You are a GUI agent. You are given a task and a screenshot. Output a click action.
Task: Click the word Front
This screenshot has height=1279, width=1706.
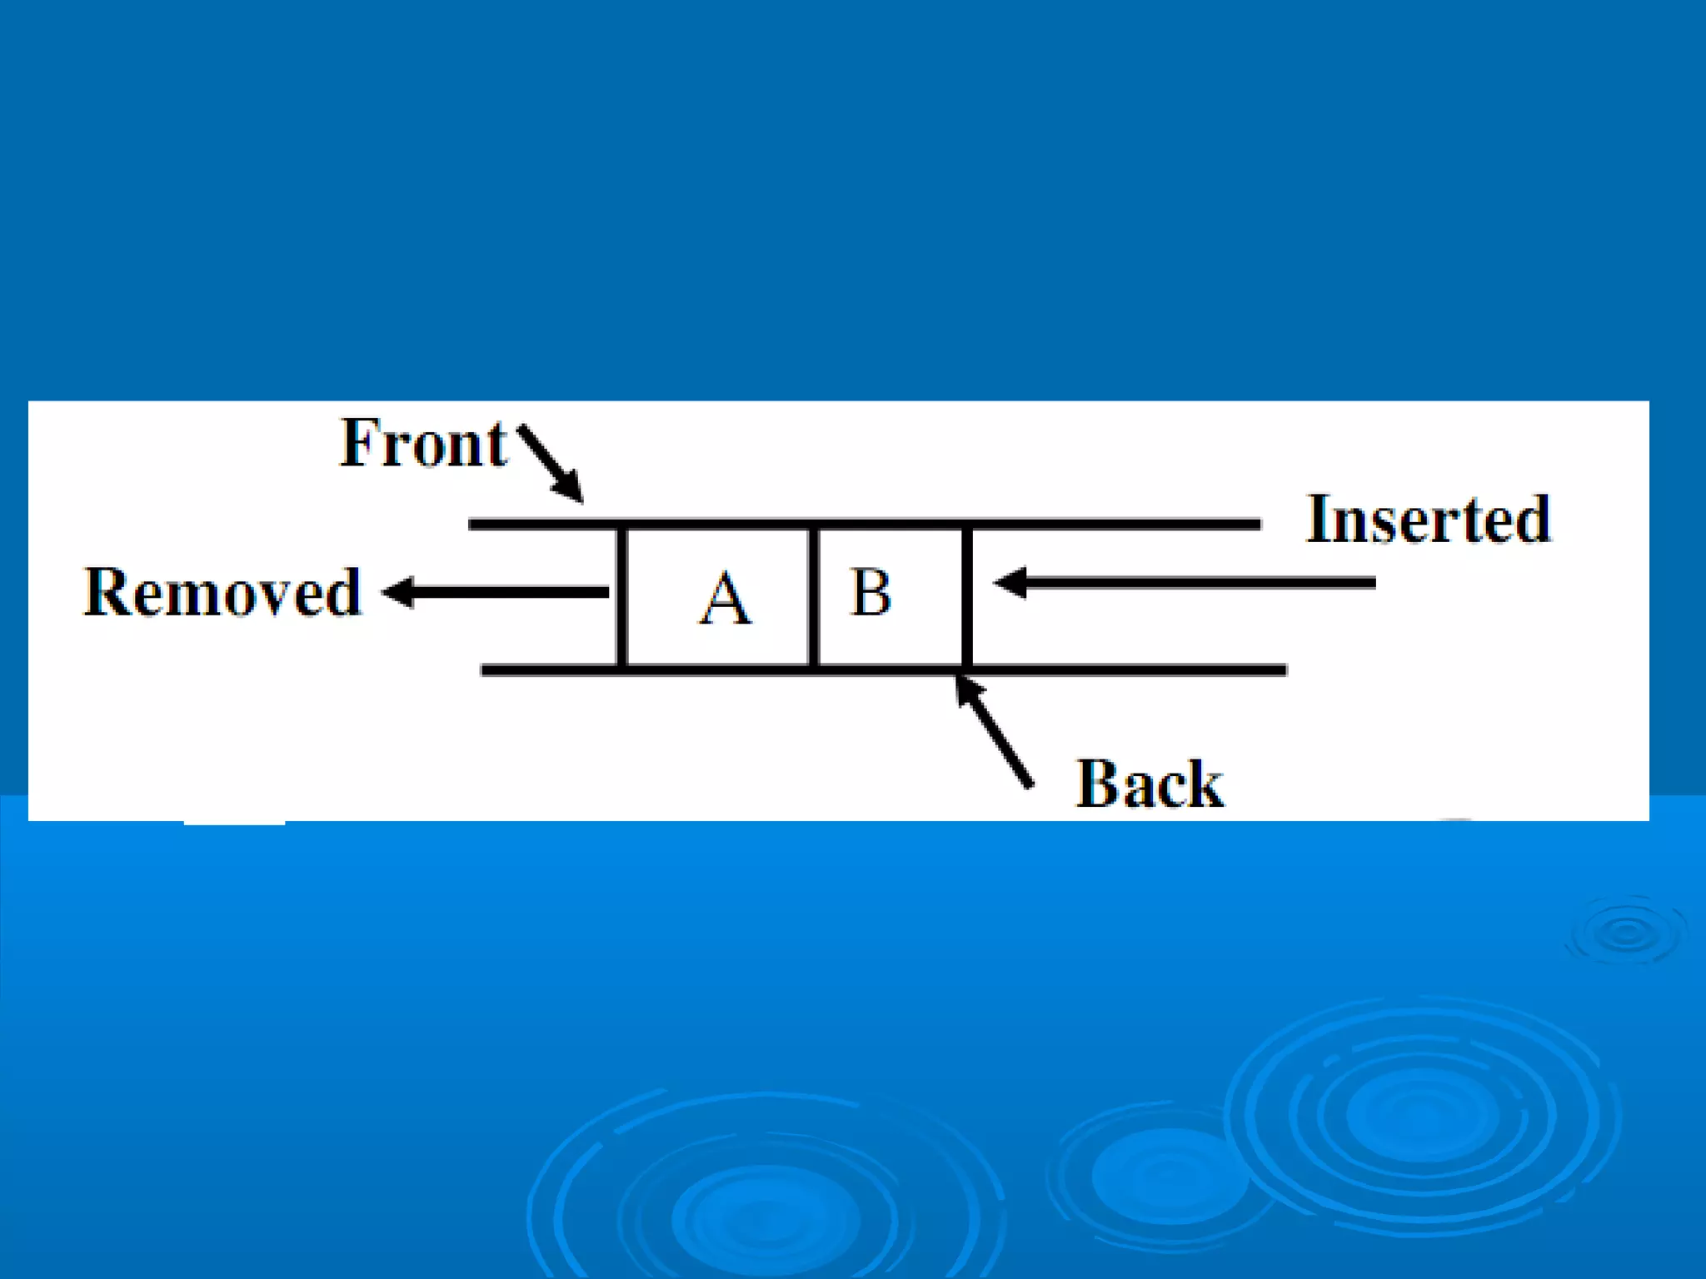422,445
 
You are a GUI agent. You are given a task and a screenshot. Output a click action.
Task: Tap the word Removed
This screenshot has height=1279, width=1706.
222,593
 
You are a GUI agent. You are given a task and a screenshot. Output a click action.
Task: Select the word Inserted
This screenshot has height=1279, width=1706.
1428,520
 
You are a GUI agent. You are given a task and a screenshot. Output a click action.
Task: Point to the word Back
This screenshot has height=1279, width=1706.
1150,784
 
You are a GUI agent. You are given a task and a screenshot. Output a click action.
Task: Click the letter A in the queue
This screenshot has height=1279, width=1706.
724,599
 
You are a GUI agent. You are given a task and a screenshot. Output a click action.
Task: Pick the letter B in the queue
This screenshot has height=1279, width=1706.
870,593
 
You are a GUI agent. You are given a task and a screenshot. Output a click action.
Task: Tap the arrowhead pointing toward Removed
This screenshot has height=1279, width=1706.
398,592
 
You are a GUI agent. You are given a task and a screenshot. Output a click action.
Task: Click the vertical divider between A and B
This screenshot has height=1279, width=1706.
813,596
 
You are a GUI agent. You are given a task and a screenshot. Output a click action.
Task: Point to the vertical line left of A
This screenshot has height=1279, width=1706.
621,596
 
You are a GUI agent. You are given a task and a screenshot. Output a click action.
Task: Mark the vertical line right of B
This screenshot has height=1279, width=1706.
966,596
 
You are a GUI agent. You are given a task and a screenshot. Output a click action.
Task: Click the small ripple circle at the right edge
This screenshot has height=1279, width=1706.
1626,933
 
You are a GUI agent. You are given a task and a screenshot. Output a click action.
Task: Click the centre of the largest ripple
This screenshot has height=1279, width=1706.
1420,1116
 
